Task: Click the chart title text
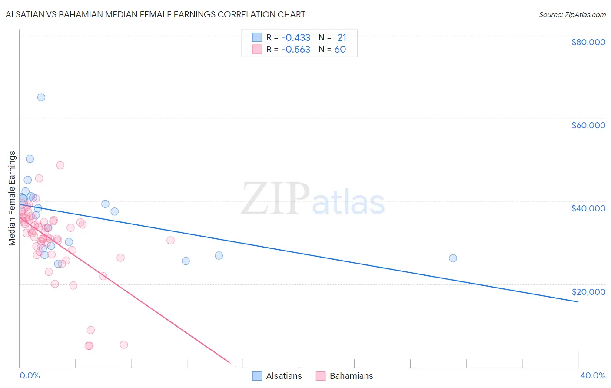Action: (x=155, y=14)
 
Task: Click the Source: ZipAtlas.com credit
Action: (x=572, y=14)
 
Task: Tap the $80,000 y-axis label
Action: (x=588, y=42)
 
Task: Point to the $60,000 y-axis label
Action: (x=588, y=125)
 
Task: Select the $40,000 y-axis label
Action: (x=588, y=208)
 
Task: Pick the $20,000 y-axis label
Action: (x=588, y=291)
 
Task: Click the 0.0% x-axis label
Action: (x=30, y=375)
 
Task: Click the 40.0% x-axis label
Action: (x=593, y=375)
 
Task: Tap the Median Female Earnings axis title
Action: (x=12, y=198)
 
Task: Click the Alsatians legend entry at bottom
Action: (x=283, y=376)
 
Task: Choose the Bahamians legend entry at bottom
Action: (x=351, y=376)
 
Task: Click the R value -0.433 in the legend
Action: (x=296, y=37)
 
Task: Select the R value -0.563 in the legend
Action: (x=296, y=49)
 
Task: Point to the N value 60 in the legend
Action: (x=340, y=49)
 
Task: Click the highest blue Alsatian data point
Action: (x=41, y=97)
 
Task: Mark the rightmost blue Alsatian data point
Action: (x=453, y=258)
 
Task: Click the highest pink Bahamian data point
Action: (x=60, y=165)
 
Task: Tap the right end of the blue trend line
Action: (x=578, y=301)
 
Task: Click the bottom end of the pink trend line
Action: (x=229, y=362)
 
